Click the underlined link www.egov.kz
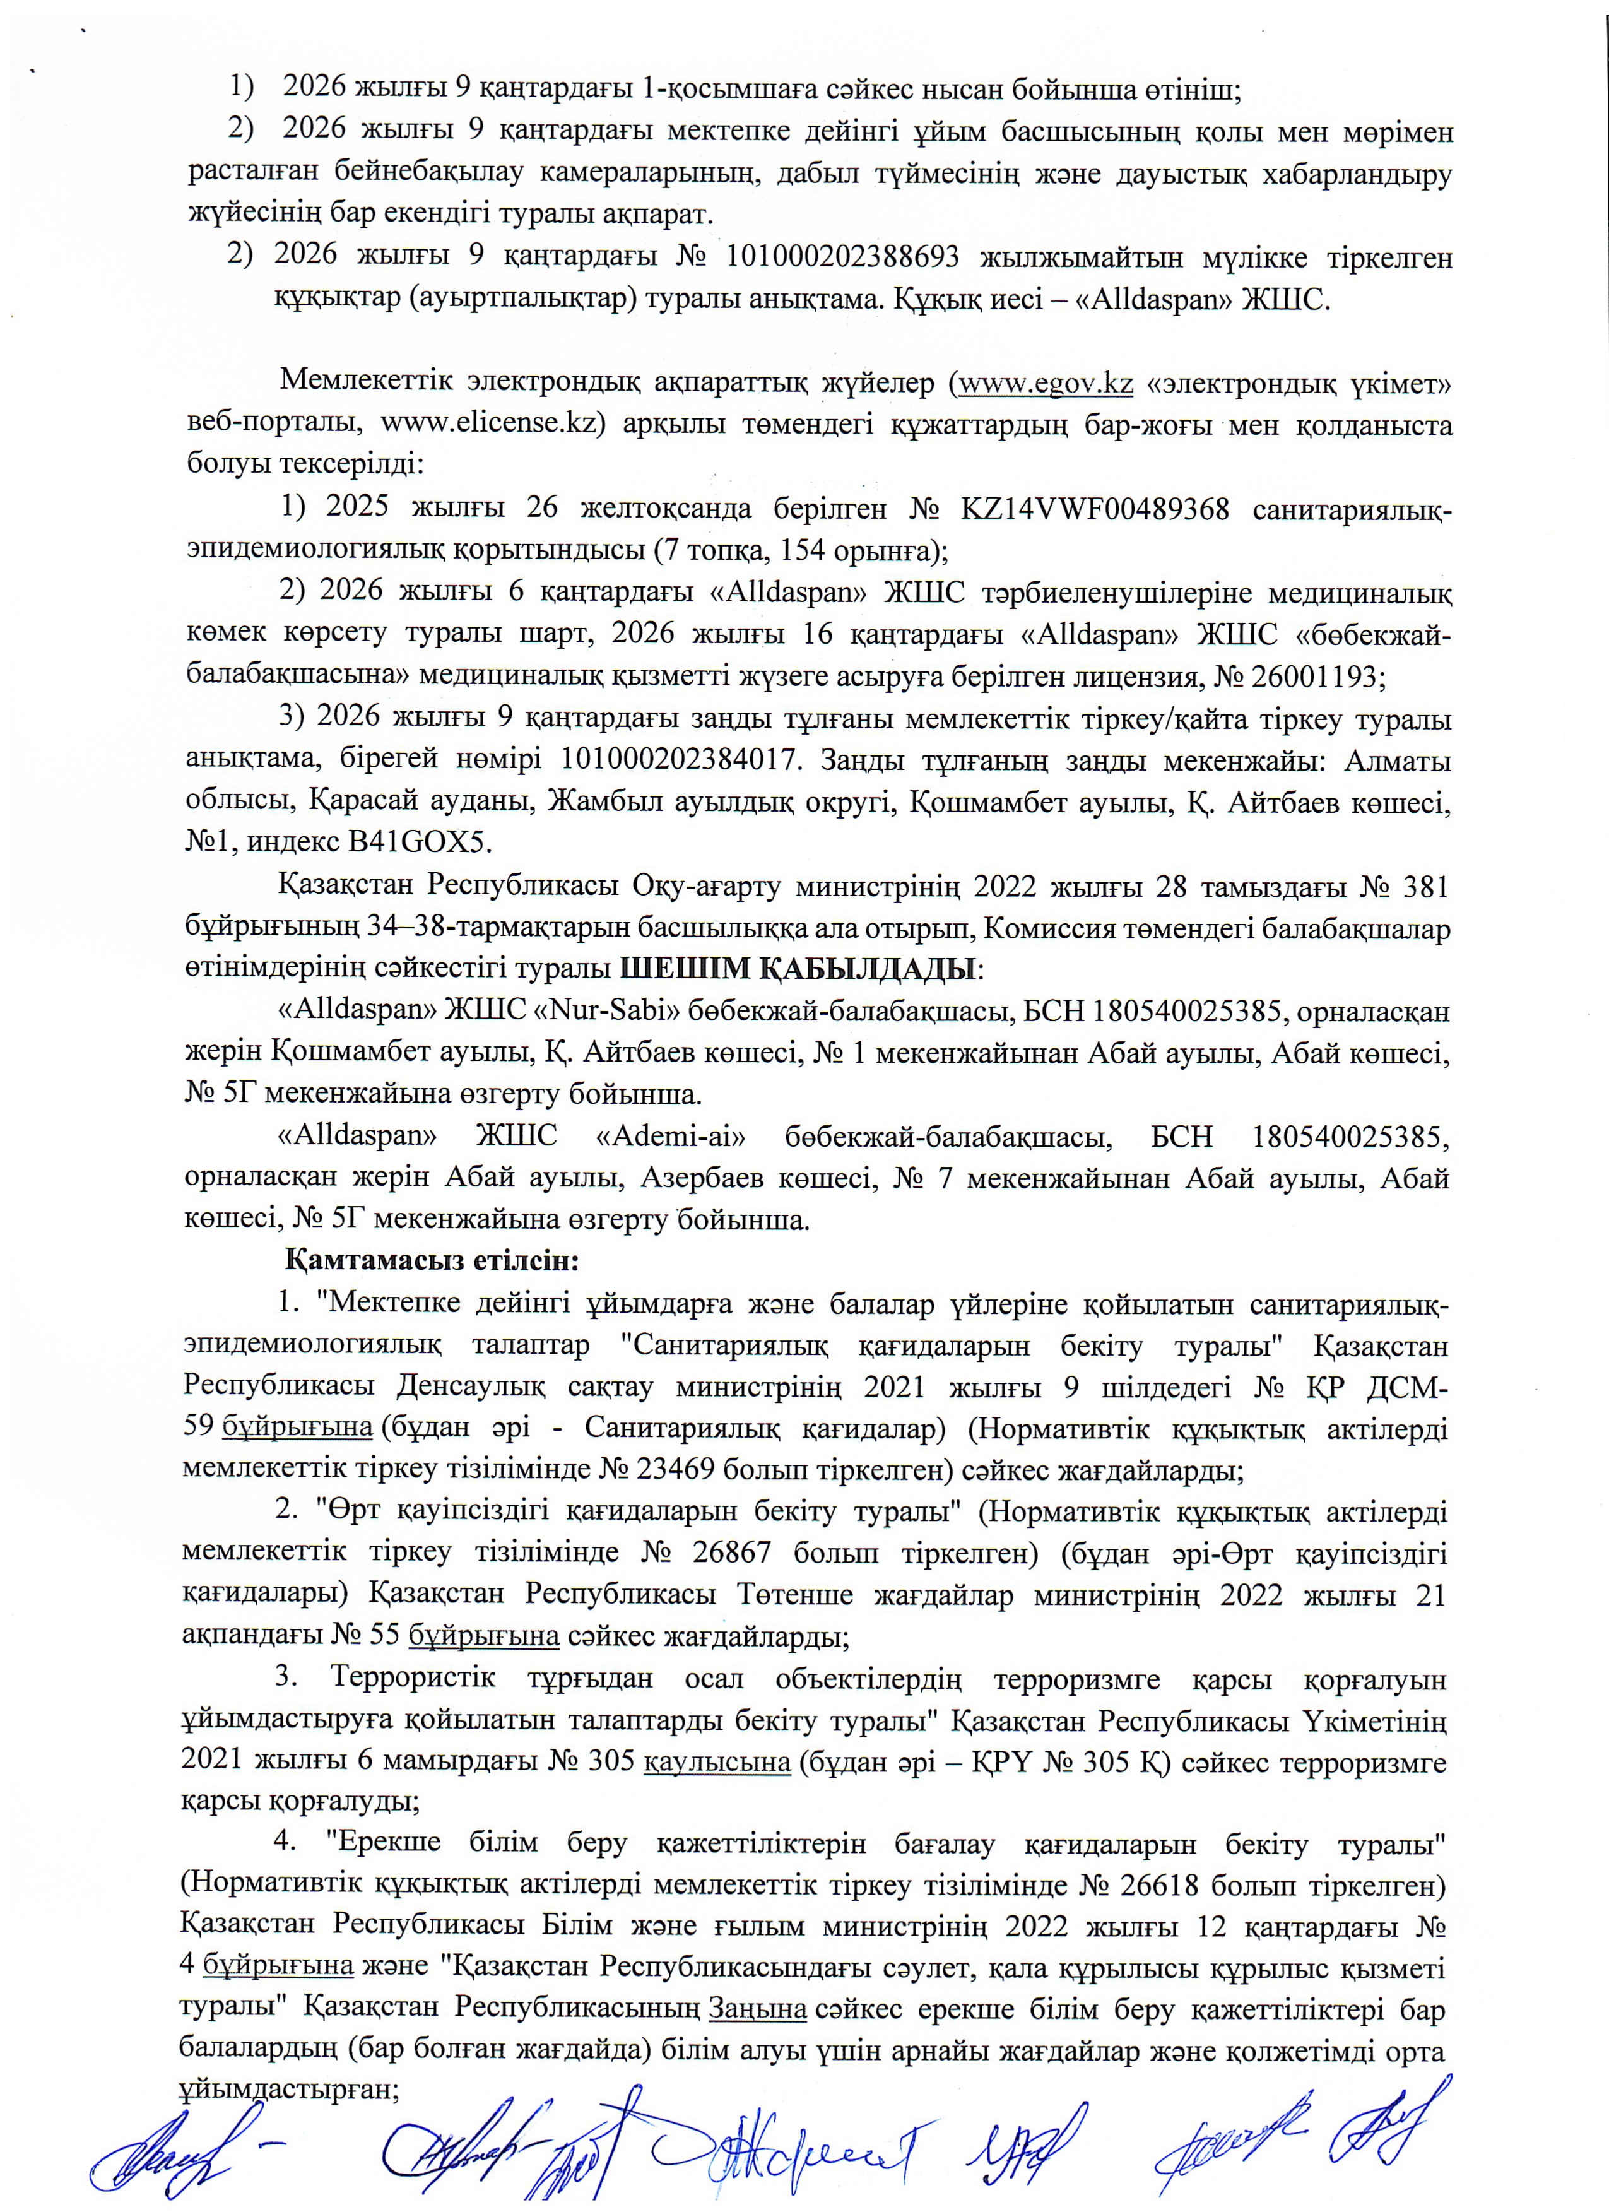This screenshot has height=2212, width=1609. (1046, 383)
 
